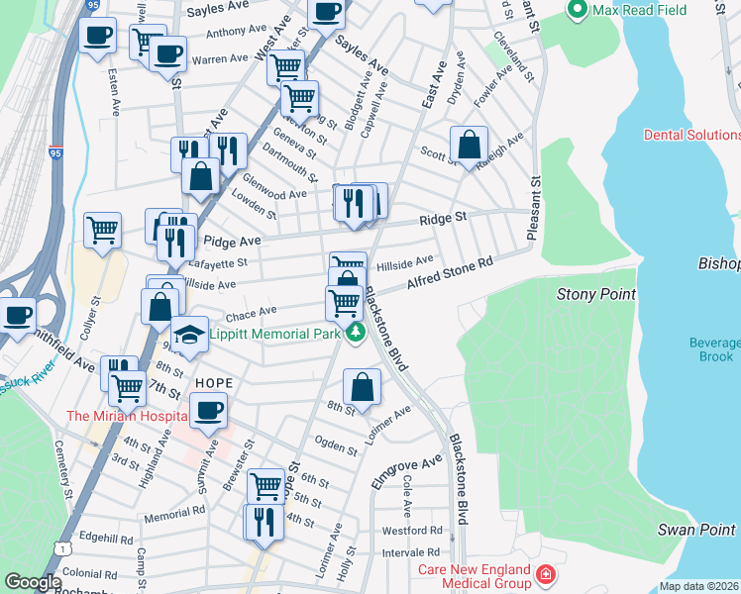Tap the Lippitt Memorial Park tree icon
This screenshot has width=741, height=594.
coord(354,334)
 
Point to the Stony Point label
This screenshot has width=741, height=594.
coord(595,294)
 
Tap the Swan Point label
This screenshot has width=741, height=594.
coord(697,530)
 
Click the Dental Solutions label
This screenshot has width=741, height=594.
coord(691,135)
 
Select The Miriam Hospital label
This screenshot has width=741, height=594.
coord(126,416)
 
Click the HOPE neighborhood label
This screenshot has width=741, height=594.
coord(213,382)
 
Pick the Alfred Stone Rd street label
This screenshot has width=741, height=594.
coord(450,276)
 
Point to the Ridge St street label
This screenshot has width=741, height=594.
coord(442,218)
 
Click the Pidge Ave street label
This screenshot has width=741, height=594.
coord(231,241)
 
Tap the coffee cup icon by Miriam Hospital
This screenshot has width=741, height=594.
coord(207,410)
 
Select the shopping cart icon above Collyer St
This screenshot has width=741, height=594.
coord(102,230)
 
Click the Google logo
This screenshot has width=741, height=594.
coord(32,582)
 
